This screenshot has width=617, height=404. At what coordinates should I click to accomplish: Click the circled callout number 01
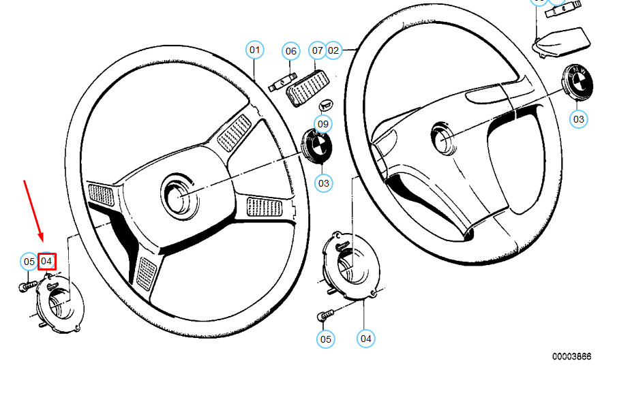coord(254,50)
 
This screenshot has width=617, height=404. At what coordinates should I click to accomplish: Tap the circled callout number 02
coord(333,50)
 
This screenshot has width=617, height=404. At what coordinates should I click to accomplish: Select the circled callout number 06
coord(291,51)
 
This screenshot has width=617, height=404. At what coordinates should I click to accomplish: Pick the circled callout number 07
coord(317,50)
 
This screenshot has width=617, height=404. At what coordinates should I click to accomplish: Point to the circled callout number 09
coord(323,124)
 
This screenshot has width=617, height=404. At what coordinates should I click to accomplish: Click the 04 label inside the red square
coord(47,261)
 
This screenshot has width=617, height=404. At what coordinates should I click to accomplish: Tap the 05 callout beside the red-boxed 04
coord(29,261)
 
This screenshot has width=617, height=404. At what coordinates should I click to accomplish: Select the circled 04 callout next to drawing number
coord(366,338)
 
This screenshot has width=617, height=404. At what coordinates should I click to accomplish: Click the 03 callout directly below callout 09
coord(323,183)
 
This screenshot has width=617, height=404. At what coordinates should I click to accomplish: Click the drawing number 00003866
coord(571,356)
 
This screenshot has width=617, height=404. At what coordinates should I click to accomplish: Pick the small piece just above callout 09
coord(326,105)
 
